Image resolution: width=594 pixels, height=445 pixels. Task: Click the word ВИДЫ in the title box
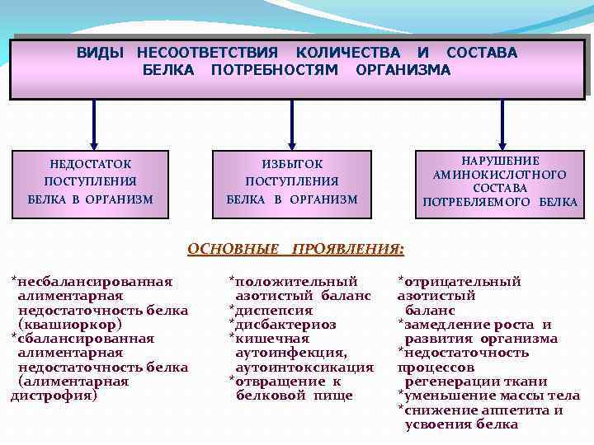coord(100,53)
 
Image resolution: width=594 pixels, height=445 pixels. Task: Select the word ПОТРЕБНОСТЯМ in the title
coord(275,70)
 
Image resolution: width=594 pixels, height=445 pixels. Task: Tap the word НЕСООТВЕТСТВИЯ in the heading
coord(207,53)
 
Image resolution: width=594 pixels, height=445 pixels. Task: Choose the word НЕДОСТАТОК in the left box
coord(90,164)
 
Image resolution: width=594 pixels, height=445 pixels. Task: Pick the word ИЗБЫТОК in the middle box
coord(292,164)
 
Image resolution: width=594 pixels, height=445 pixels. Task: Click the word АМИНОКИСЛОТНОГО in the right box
coord(500,175)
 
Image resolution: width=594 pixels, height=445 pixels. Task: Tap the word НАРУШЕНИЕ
coord(500,161)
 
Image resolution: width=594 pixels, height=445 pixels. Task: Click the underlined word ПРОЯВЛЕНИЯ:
coord(349,247)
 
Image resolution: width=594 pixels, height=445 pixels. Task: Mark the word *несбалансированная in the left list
coord(92,281)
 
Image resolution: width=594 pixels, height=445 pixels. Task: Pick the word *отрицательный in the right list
coord(460,281)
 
